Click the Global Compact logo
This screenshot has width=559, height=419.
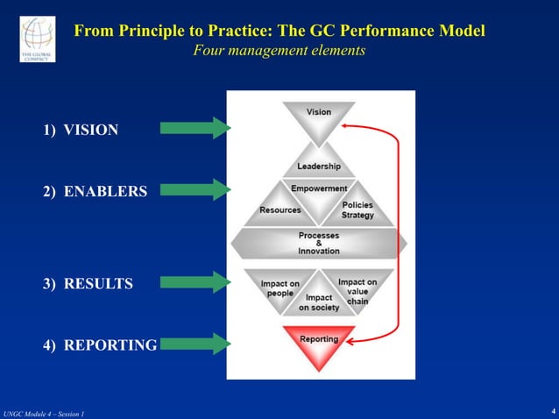click(x=37, y=39)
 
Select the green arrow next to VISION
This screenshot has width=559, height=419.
click(x=195, y=128)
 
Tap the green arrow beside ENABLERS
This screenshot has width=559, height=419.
click(x=195, y=189)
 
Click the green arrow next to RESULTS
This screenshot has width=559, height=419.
click(x=195, y=282)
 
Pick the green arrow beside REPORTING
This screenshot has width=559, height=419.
click(x=195, y=343)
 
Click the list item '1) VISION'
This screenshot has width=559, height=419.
click(x=81, y=130)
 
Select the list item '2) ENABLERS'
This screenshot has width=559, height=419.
click(x=95, y=191)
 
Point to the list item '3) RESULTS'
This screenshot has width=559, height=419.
click(x=88, y=284)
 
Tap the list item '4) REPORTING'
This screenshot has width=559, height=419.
click(x=100, y=345)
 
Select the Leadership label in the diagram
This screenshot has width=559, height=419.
click(x=319, y=167)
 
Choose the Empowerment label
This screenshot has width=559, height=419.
click(x=319, y=188)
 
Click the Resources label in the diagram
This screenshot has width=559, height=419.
click(x=279, y=210)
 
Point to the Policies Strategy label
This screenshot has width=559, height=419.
click(x=357, y=210)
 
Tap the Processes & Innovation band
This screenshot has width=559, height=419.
click(x=319, y=243)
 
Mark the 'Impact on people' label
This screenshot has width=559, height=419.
click(x=280, y=288)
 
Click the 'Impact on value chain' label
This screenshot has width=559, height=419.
click(x=357, y=291)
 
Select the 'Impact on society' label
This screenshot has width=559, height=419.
click(x=319, y=303)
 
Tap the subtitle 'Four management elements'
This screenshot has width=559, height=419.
click(x=279, y=51)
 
